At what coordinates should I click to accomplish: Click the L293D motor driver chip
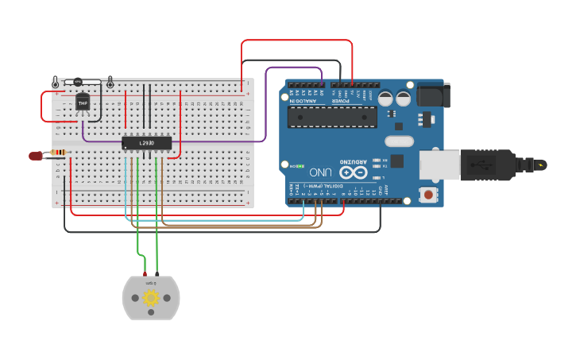click(147, 143)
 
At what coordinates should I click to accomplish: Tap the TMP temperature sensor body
click(83, 103)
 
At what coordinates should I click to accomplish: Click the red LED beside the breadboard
click(36, 156)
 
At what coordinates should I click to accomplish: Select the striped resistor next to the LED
click(58, 152)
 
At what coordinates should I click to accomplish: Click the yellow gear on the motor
click(151, 298)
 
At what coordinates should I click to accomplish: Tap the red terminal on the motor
click(145, 274)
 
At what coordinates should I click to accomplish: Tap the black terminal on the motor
click(157, 274)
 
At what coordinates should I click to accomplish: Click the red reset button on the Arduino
click(429, 194)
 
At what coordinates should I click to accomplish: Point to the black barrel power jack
click(433, 95)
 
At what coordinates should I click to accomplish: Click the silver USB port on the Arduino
click(439, 165)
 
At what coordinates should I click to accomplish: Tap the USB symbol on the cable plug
click(478, 165)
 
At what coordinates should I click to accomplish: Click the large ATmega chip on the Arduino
click(332, 118)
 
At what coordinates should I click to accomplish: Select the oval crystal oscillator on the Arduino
click(400, 141)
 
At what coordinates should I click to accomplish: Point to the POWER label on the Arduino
click(340, 101)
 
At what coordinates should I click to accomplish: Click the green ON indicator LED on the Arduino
click(291, 165)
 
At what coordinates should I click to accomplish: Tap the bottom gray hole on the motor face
click(151, 314)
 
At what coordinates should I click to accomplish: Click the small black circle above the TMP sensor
click(78, 82)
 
